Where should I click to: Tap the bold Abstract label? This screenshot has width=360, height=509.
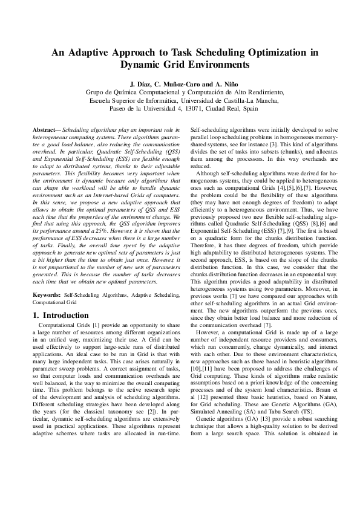click(45, 131)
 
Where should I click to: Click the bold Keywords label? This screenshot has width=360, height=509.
click(47, 294)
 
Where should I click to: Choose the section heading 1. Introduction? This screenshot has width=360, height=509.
click(61, 316)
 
